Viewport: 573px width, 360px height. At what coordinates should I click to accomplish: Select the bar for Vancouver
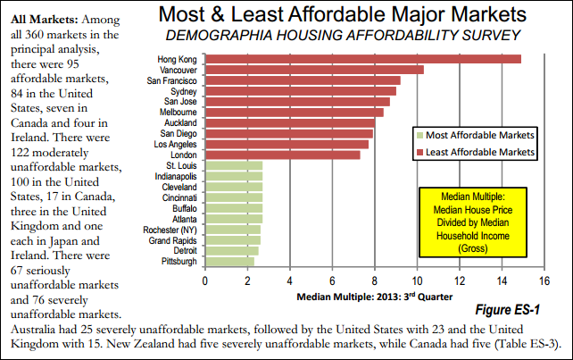click(x=314, y=70)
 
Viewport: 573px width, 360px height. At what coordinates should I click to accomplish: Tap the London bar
click(x=283, y=155)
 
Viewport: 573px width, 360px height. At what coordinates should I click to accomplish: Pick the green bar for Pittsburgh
click(x=229, y=262)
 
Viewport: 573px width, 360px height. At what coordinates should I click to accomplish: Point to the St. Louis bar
click(x=234, y=165)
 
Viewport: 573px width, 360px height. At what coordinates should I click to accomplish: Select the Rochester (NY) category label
click(x=172, y=230)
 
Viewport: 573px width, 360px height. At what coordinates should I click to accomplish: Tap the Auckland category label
click(x=182, y=122)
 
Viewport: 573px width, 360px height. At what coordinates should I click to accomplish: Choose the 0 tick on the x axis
click(x=206, y=280)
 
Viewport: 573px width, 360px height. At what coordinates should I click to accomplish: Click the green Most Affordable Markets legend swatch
click(x=419, y=136)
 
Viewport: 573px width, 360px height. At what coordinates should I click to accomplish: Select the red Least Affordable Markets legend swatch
click(x=419, y=153)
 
